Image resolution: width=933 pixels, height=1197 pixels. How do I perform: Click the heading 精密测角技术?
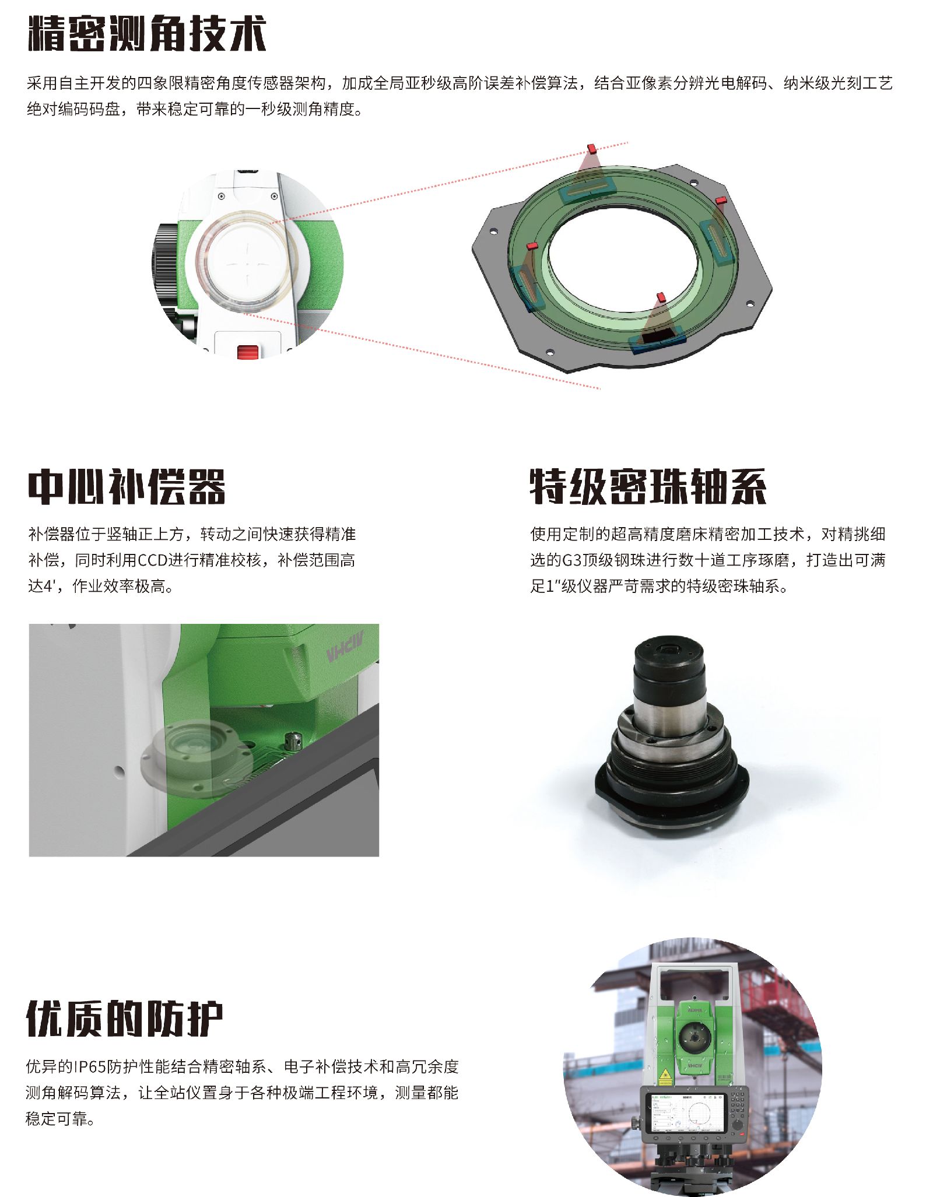pos(146,34)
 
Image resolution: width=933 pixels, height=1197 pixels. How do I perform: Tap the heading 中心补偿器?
pos(127,487)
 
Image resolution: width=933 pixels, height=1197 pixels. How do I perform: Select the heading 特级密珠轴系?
pos(648,487)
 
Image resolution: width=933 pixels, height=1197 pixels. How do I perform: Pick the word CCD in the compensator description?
pos(153,560)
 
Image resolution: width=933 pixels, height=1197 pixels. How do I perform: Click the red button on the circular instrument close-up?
pos(248,352)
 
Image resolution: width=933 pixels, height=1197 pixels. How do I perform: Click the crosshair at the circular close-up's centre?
pos(247,264)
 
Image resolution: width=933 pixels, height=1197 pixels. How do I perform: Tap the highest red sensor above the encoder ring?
pos(591,149)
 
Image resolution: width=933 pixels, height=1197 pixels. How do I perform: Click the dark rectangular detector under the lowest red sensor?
pos(657,335)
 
